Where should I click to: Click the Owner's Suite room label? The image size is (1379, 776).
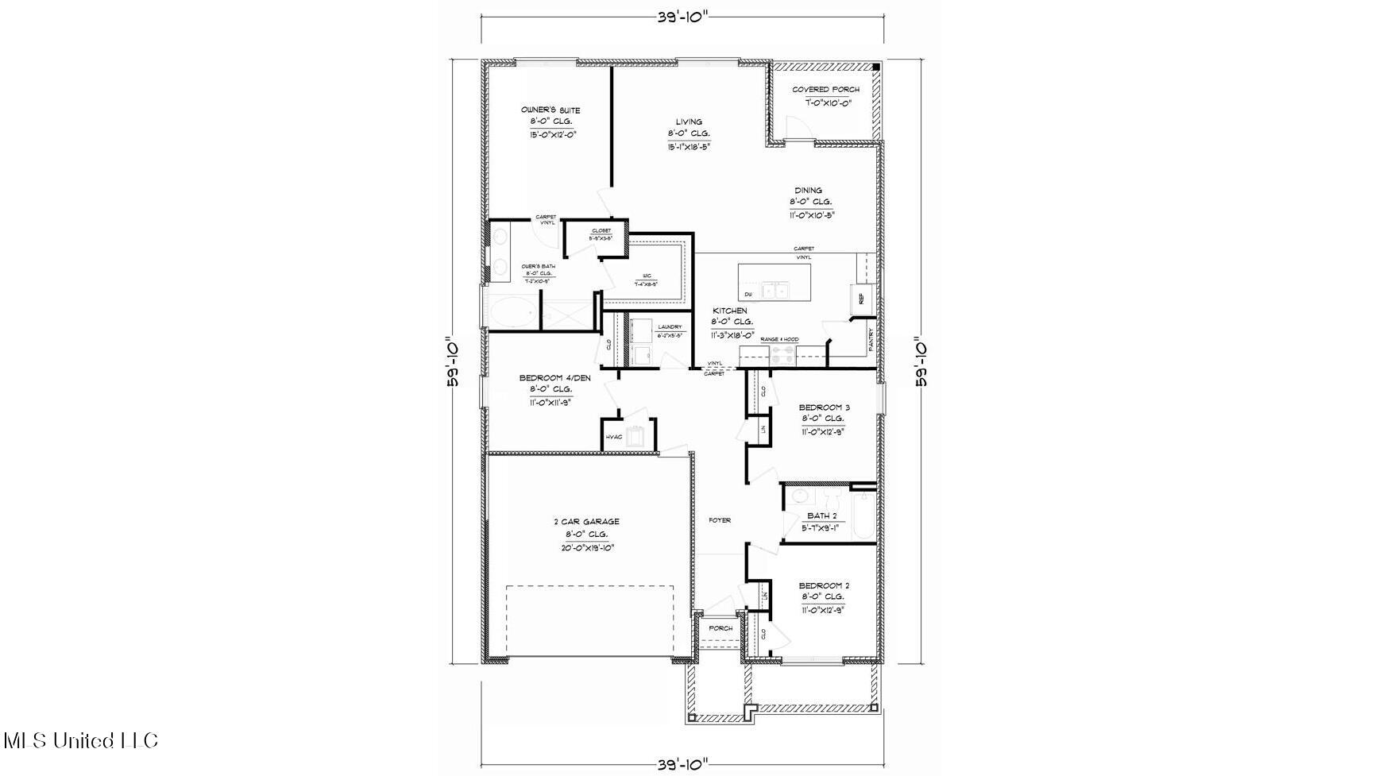tap(550, 110)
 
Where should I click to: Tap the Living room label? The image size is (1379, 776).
tap(689, 122)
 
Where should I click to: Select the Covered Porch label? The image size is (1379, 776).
tap(825, 90)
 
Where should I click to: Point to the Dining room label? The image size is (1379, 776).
tap(809, 191)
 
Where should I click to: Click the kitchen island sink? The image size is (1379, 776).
tap(774, 291)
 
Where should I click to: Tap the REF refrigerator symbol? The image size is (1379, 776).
tap(861, 299)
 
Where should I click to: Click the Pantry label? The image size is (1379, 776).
tap(871, 340)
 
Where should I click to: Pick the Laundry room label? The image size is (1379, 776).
tap(670, 326)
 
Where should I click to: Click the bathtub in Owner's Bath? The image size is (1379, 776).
tap(509, 314)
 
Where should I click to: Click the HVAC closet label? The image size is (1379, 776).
tap(613, 437)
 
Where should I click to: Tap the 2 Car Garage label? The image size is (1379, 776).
tap(586, 522)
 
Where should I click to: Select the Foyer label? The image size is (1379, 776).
tap(720, 520)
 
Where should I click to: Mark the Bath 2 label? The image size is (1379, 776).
tap(821, 515)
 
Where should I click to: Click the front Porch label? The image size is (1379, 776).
tap(720, 628)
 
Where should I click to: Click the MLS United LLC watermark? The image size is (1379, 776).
tap(80, 740)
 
